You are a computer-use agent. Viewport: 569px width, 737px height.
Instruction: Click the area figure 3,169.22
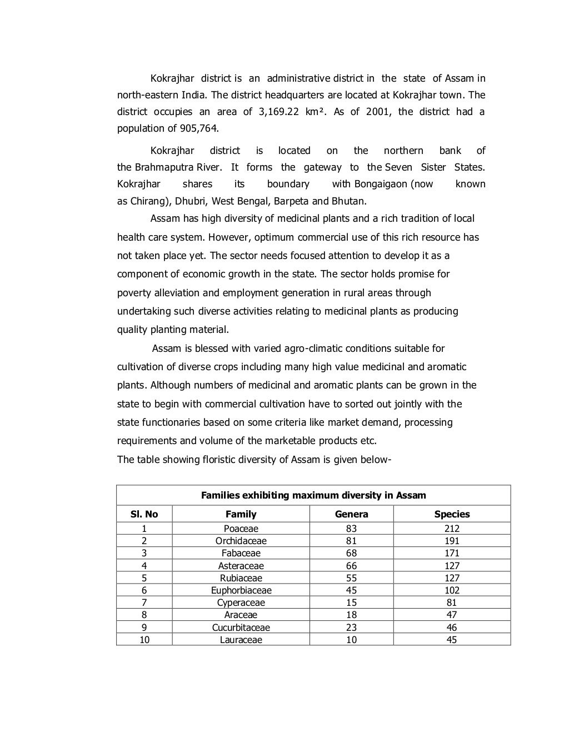pyautogui.click(x=279, y=112)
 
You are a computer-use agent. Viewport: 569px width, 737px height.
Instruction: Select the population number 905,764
pyautogui.click(x=199, y=128)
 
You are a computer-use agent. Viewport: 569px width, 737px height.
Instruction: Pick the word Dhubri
pyautogui.click(x=190, y=201)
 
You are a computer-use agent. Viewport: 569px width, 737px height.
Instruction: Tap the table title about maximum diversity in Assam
pyautogui.click(x=313, y=495)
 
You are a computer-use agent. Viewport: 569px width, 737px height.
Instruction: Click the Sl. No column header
pyautogui.click(x=144, y=514)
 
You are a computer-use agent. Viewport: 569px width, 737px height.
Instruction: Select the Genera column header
pyautogui.click(x=351, y=514)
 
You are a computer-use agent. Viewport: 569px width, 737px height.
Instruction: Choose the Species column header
pyautogui.click(x=452, y=514)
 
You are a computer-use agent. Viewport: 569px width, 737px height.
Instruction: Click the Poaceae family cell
pyautogui.click(x=241, y=529)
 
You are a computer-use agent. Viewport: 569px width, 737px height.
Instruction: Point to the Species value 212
pyautogui.click(x=452, y=529)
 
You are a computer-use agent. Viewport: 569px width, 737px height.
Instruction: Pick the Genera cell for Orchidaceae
pyautogui.click(x=351, y=541)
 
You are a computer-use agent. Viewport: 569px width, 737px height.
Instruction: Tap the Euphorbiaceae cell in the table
pyautogui.click(x=241, y=590)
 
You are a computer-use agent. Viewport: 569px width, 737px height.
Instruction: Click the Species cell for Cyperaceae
pyautogui.click(x=452, y=602)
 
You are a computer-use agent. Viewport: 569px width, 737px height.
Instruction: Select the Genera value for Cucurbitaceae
pyautogui.click(x=351, y=628)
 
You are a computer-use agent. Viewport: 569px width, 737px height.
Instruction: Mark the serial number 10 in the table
pyautogui.click(x=144, y=640)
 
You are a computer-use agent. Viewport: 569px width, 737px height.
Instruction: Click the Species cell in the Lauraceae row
pyautogui.click(x=452, y=640)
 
